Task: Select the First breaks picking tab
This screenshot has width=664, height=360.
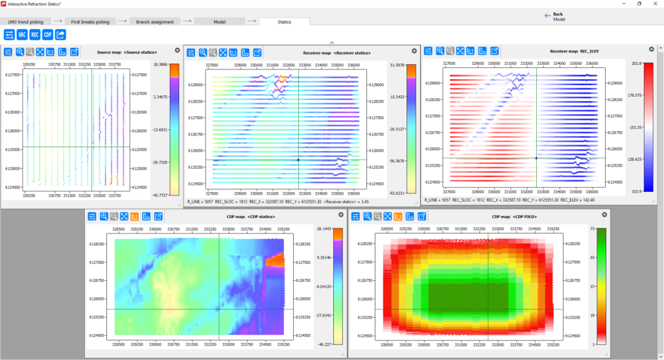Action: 90,21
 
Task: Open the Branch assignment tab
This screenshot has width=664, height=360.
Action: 155,21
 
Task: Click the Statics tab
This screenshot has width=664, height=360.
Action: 284,21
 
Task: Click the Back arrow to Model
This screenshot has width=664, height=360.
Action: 548,15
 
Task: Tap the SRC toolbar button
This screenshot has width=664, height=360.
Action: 22,34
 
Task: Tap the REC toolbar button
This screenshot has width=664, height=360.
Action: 35,34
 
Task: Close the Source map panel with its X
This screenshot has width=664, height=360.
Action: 177,50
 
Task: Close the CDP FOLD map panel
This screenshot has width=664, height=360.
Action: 604,215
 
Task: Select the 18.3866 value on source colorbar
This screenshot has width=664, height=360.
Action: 161,65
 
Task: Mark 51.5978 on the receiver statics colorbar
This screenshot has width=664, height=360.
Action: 396,66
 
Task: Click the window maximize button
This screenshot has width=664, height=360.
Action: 639,4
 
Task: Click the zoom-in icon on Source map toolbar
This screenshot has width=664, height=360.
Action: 20,52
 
